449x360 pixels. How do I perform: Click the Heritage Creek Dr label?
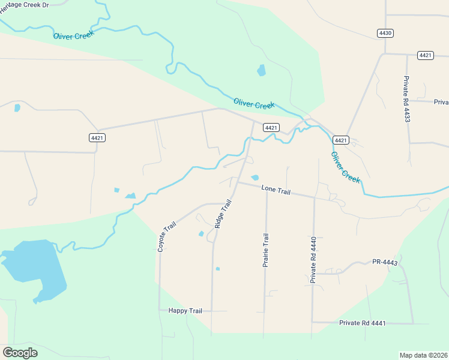point(24,5)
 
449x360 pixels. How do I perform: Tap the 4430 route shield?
point(385,33)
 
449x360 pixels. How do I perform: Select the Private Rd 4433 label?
point(407,99)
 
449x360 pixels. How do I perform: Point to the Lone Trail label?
point(276,190)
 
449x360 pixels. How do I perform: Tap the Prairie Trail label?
point(265,250)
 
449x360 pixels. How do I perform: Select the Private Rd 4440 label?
point(313,260)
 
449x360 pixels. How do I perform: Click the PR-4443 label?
point(385,262)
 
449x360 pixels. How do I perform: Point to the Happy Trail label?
point(185,311)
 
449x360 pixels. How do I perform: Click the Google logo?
point(20,353)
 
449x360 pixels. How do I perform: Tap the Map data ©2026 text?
point(423,355)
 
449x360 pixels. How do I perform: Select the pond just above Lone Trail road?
point(255,178)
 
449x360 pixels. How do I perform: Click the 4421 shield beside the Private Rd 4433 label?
point(426,55)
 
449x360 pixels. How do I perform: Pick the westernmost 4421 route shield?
point(97,137)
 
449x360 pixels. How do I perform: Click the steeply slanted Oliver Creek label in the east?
point(345,167)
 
